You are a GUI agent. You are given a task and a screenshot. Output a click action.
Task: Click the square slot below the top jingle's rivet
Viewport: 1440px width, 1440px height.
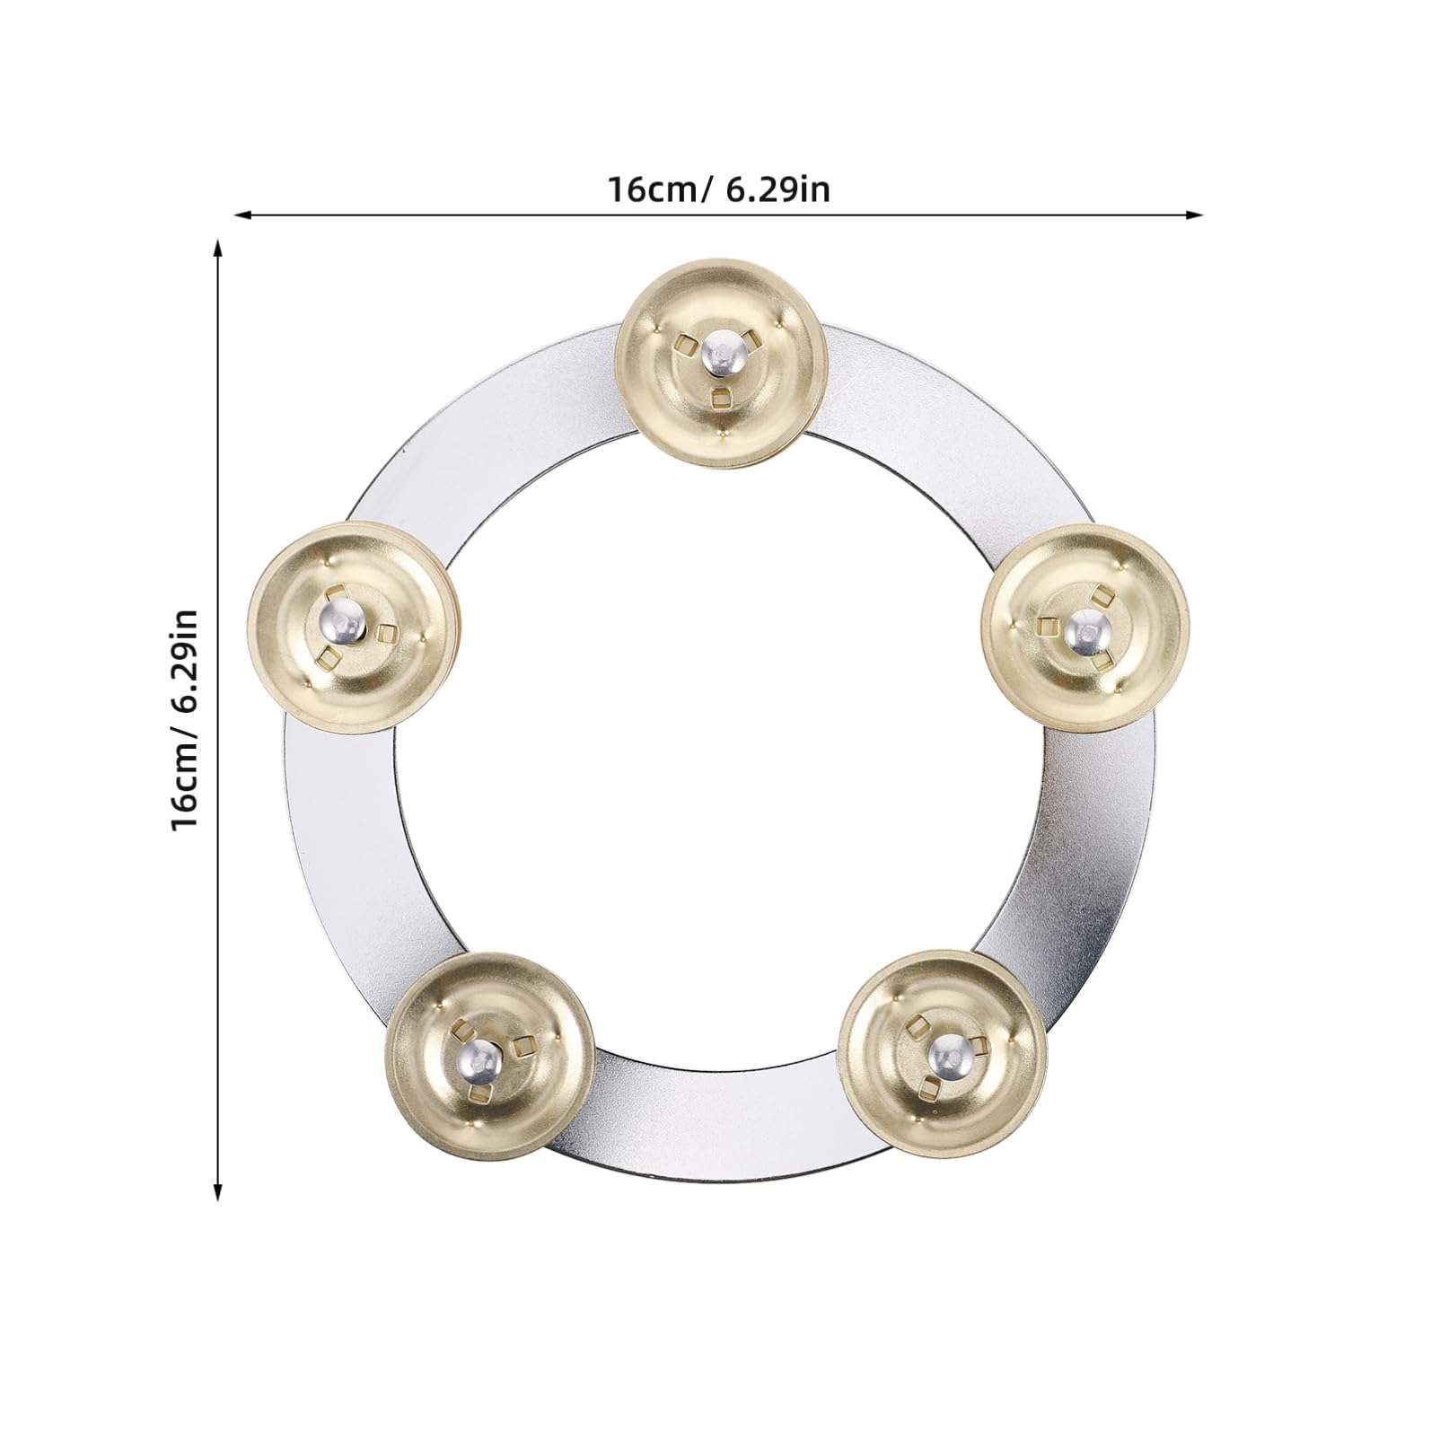(x=721, y=396)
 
